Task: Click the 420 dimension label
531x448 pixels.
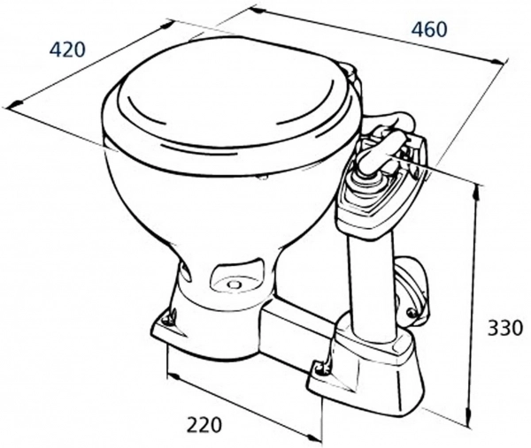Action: click(x=67, y=50)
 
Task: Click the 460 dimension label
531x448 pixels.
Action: click(x=429, y=29)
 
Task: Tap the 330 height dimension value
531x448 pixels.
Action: click(x=505, y=328)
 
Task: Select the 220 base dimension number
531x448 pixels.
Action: click(x=204, y=425)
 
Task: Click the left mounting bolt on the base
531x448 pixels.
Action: click(x=168, y=318)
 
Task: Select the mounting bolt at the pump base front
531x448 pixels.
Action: click(x=320, y=369)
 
